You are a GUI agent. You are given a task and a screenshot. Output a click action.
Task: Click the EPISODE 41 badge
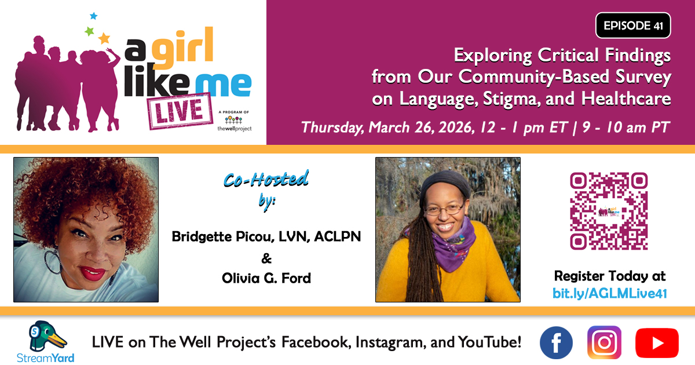click(633, 25)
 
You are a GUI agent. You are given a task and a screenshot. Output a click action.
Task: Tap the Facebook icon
click(557, 342)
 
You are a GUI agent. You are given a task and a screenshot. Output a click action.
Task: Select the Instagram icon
click(604, 342)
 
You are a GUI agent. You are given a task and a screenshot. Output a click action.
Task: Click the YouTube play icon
click(657, 343)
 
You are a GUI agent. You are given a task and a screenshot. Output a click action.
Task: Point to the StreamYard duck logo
click(46, 337)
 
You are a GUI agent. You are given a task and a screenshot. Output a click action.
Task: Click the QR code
click(609, 211)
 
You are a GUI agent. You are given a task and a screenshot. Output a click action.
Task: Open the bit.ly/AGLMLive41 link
click(610, 294)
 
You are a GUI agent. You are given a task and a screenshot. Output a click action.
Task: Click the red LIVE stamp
click(180, 111)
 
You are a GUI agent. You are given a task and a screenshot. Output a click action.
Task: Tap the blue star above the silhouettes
click(93, 16)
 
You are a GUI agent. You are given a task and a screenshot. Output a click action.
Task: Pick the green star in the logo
click(89, 31)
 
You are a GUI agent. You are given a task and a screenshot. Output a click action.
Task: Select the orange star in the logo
click(104, 38)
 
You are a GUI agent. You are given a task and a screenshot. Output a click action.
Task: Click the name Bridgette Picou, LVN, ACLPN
click(266, 237)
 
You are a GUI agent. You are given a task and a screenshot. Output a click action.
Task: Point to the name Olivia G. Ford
click(266, 278)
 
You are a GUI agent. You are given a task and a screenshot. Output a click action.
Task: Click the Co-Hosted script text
click(266, 180)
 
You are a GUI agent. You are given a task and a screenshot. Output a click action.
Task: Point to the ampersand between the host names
click(266, 258)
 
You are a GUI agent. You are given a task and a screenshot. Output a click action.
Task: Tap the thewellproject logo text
click(235, 129)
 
